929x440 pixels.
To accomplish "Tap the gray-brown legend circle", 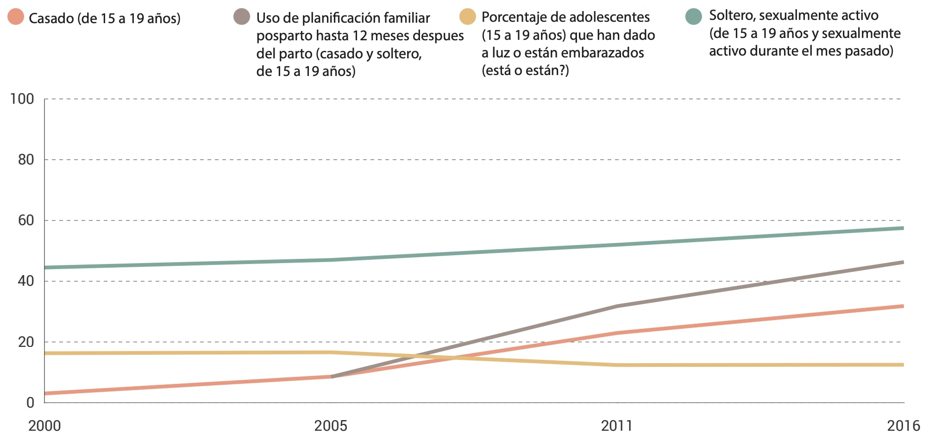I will point(242,17).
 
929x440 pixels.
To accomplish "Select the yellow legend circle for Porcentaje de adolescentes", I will point(468,17).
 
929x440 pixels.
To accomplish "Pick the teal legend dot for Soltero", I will point(693,17).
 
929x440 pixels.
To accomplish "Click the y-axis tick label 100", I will point(22,99).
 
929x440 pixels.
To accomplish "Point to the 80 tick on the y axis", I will point(26,160).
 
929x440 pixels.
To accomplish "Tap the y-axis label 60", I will point(26,220).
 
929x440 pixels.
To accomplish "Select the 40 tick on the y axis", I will point(26,281).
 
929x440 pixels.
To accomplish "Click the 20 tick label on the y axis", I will point(26,342).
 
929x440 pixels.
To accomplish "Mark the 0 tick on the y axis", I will point(30,403).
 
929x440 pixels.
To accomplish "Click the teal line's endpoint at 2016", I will point(903,228).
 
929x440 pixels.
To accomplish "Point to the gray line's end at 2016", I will point(903,263).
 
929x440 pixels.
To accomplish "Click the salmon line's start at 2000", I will point(45,394).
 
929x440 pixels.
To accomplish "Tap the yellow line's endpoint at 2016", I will point(903,365).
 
